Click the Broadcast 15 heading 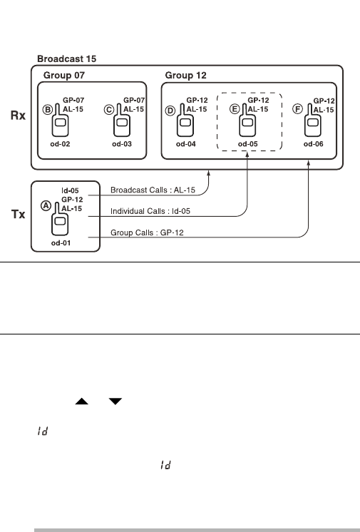67,58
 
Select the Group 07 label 63,75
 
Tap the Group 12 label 185,75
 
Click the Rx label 18,116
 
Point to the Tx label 18,214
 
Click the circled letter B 48,110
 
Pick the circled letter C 109,110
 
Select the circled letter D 170,111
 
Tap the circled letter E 235,109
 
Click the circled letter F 297,109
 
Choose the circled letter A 46,205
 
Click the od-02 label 60,144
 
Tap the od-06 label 314,144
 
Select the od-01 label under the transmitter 61,243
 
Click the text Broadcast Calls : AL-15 153,190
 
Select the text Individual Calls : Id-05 150,211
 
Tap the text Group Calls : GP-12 147,232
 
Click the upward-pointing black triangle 81,401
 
